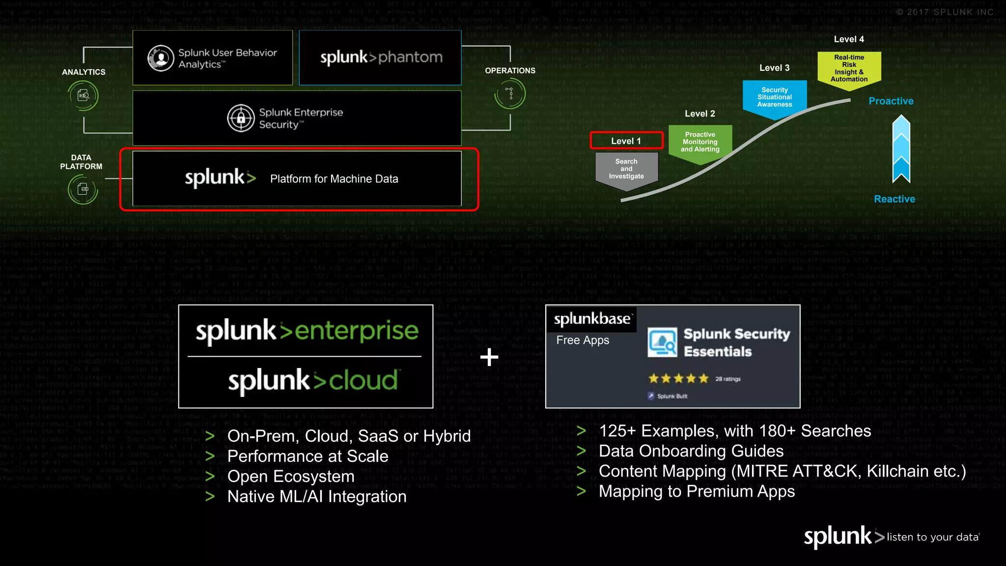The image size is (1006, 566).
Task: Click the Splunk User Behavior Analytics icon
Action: click(x=161, y=58)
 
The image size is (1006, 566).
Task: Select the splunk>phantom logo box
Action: click(x=380, y=57)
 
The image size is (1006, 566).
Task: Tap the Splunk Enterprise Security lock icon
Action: click(x=241, y=118)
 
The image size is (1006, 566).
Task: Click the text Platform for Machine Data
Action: click(x=334, y=179)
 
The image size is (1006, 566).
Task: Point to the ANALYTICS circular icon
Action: click(x=84, y=95)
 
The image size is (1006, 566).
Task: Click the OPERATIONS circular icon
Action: click(x=510, y=93)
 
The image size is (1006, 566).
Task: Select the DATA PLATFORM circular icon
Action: click(x=83, y=189)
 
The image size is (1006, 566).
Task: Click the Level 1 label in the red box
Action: click(x=626, y=141)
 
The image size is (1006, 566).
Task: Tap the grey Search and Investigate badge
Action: click(x=626, y=170)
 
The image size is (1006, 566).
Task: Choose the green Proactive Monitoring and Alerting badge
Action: click(x=700, y=142)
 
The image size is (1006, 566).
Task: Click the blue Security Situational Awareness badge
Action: click(x=775, y=98)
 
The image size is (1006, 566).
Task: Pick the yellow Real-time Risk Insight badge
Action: click(x=849, y=69)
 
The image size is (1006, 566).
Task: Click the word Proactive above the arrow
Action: click(x=891, y=101)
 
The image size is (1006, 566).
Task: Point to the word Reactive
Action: click(x=894, y=199)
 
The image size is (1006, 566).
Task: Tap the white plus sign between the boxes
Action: click(x=489, y=357)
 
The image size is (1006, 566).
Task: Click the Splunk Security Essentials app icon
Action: click(x=662, y=342)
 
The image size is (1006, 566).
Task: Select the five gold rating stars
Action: click(x=678, y=378)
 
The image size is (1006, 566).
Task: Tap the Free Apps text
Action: click(x=583, y=340)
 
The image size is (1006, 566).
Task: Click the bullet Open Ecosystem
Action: click(x=291, y=477)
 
